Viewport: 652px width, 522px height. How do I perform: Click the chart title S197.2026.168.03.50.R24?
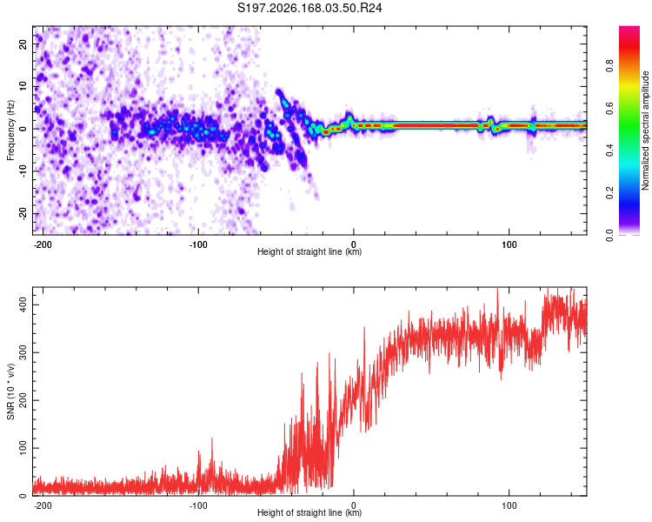tap(309, 8)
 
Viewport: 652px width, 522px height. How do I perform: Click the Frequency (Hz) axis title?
tap(10, 130)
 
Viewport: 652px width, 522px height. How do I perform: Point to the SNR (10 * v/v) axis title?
tap(10, 391)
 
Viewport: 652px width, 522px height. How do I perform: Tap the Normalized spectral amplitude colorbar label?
tap(645, 130)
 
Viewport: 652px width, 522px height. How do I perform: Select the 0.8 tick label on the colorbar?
tap(609, 66)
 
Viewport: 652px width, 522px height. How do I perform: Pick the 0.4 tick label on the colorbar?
tap(609, 151)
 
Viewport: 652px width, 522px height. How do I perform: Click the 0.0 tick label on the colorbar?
tap(609, 235)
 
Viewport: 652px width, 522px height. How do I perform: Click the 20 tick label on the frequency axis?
tap(23, 43)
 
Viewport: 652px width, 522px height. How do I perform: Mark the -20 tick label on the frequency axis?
tap(23, 213)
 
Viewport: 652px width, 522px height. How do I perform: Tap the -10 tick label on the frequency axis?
tap(23, 171)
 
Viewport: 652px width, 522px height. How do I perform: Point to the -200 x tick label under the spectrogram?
tap(42, 244)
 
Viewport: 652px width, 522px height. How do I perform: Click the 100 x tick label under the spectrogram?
tap(509, 244)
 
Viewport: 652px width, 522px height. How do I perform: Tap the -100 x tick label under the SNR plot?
tap(198, 505)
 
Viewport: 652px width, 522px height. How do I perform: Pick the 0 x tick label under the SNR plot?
tap(354, 505)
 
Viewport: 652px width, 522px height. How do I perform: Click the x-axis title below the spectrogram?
tap(309, 251)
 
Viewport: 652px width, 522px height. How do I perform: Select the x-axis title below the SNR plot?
tap(309, 512)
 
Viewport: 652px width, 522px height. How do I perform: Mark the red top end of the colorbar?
tap(629, 28)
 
